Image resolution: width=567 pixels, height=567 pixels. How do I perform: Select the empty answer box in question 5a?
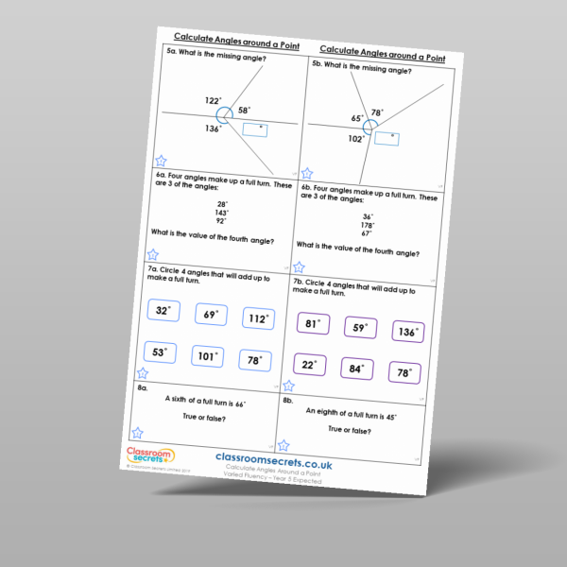[254, 131]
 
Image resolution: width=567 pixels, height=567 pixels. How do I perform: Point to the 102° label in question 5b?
[355, 139]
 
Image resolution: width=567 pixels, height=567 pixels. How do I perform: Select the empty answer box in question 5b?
[387, 139]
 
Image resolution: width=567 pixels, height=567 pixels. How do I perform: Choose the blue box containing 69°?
[211, 315]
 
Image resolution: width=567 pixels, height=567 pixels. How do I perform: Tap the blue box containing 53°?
[160, 353]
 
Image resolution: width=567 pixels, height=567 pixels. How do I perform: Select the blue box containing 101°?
[207, 357]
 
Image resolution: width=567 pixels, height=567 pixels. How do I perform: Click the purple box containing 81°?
[313, 324]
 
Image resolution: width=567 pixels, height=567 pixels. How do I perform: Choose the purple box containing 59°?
[360, 329]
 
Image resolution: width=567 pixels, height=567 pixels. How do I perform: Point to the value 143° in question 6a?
[223, 214]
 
